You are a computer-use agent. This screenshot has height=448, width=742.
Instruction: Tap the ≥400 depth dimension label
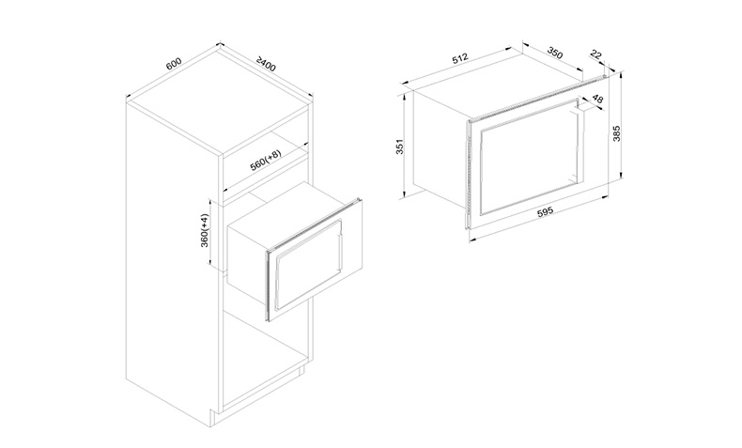pos(266,65)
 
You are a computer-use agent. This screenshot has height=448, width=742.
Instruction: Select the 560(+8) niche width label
pos(266,161)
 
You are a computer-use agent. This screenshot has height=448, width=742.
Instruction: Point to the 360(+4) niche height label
pos(205,230)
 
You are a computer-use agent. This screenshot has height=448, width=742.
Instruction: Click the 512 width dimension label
pos(460,58)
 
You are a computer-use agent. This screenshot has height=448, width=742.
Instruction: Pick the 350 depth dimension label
pos(554,53)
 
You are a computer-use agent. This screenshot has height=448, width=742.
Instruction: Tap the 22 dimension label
pos(595,55)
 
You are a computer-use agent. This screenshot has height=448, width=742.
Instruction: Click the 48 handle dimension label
pos(597,100)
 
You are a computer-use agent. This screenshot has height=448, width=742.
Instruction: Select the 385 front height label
pos(616,133)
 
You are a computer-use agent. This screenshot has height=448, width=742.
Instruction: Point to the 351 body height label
pos(399,147)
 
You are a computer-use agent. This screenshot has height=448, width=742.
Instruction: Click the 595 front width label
pos(545,211)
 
